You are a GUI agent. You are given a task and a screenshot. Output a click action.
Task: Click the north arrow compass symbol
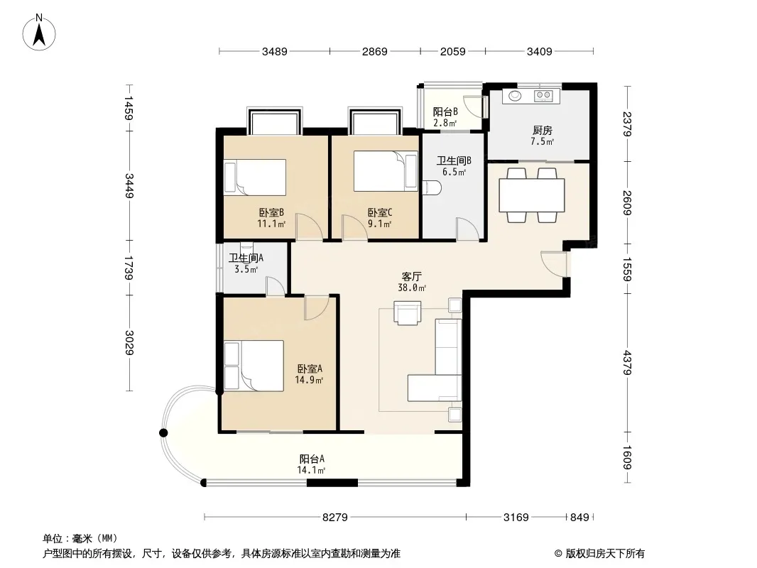coord(39,33)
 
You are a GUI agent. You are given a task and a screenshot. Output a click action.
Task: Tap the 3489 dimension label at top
coord(274,52)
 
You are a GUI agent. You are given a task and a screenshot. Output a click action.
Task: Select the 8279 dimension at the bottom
coord(335,518)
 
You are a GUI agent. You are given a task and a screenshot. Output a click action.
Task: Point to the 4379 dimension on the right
coord(626,362)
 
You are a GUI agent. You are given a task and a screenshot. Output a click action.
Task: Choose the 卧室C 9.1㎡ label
coord(380,218)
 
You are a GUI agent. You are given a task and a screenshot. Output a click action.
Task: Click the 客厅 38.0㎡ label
coord(412,282)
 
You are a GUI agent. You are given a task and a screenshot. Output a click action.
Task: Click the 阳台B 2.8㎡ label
coord(445,117)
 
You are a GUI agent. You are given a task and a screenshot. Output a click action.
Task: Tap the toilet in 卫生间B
coord(431,188)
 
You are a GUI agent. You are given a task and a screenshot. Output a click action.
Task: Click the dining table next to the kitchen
coord(532,195)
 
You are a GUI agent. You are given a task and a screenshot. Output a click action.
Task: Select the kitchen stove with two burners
coord(544,96)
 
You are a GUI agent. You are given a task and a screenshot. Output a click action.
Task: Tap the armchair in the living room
coord(407,313)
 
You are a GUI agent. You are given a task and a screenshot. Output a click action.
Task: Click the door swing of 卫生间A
coord(276,286)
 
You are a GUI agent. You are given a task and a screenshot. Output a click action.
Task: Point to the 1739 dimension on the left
coord(129,268)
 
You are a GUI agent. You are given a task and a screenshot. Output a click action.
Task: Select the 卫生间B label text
coord(454,160)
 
